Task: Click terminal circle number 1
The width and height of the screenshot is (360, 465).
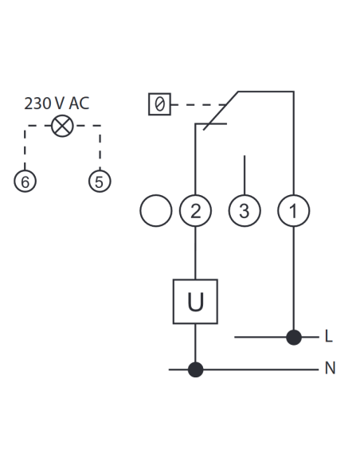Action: coord(294,211)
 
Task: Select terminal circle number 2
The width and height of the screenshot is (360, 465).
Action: coord(195,211)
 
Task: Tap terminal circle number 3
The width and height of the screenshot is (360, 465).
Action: coord(245,211)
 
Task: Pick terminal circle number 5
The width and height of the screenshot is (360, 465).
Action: coord(100,182)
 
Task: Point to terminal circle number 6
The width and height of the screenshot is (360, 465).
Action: coord(25,182)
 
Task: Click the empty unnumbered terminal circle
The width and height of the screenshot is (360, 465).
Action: coord(156,211)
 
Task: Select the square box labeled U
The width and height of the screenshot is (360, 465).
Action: coord(195,302)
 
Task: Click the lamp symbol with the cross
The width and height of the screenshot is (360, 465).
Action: coord(62,126)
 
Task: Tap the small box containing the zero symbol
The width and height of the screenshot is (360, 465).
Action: coord(159,104)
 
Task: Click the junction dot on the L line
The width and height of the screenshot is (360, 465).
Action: coord(294,337)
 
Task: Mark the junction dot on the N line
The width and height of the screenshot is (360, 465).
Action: coord(196,369)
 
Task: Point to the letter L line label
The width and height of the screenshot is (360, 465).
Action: coord(329,336)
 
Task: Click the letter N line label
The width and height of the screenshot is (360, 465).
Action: coord(330,369)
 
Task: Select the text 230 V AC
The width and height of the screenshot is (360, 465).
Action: coord(57,104)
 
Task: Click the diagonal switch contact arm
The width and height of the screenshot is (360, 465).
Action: coord(221,111)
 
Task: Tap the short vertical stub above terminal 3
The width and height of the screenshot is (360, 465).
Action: coord(245,175)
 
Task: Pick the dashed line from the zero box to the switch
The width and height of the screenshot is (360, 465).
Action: coord(199,104)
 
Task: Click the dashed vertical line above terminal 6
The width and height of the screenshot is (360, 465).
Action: coord(25,147)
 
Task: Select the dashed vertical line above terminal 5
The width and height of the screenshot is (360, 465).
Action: coord(100,147)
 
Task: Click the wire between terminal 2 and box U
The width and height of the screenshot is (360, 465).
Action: coord(195,253)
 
